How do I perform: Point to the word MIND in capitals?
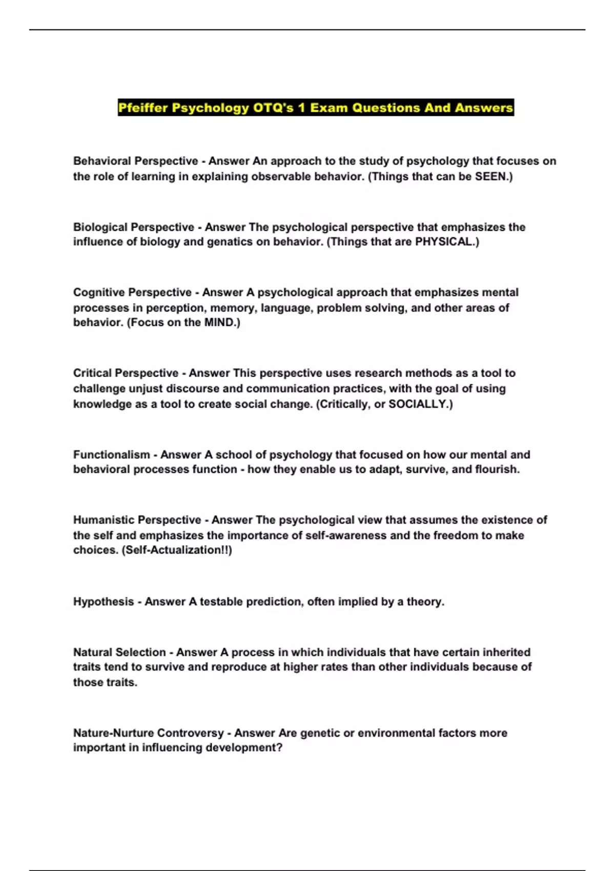(x=220, y=323)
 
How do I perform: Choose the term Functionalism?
(x=111, y=455)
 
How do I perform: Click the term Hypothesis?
(x=103, y=602)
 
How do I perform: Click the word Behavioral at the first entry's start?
(x=102, y=161)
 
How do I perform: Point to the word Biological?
(x=100, y=227)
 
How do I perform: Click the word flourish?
(x=499, y=469)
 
